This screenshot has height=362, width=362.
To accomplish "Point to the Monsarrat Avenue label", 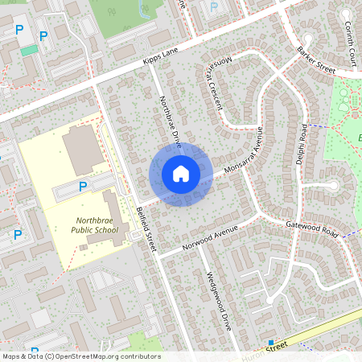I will pos(245,154).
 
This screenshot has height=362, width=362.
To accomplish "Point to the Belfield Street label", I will pos(146,230).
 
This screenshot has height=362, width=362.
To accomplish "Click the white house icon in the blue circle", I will pos(181,174).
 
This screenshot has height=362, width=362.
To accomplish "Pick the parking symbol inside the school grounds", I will pos(82,187).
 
